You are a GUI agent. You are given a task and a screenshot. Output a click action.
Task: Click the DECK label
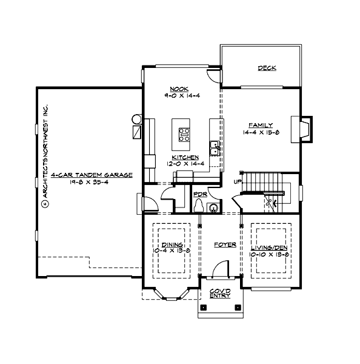pyautogui.click(x=267, y=68)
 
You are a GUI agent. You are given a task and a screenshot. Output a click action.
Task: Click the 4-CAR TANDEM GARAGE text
pyautogui.click(x=92, y=174)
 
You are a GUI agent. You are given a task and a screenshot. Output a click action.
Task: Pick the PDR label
pyautogui.click(x=199, y=195)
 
